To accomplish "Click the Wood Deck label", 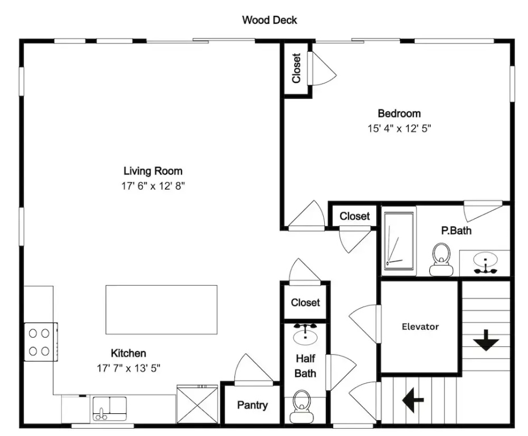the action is pos(269,20).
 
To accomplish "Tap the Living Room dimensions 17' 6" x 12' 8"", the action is pos(153,186).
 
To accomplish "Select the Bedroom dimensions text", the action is pos(399,128).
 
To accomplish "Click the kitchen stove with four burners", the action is pos(41,342).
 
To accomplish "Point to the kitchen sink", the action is pos(110,408).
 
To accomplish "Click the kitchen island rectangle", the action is pos(162,310).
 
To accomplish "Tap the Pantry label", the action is pos(252,405).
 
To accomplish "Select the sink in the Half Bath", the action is pos(305,336).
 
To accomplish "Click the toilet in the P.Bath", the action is pos(442,259).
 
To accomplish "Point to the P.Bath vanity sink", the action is pos(485,263).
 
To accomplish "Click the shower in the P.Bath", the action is pos(399,241).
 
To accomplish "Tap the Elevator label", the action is pos(420,326).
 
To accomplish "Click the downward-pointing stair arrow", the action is pos(486,341).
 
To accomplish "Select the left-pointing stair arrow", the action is pos(413,400).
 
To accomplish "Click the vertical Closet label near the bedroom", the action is pos(296,68).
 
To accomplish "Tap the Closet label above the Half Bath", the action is pos(305,303).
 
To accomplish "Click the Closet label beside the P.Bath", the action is pos(355,216).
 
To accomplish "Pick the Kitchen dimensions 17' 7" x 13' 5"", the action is pos(129,368).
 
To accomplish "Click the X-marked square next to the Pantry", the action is pos(198,404).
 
